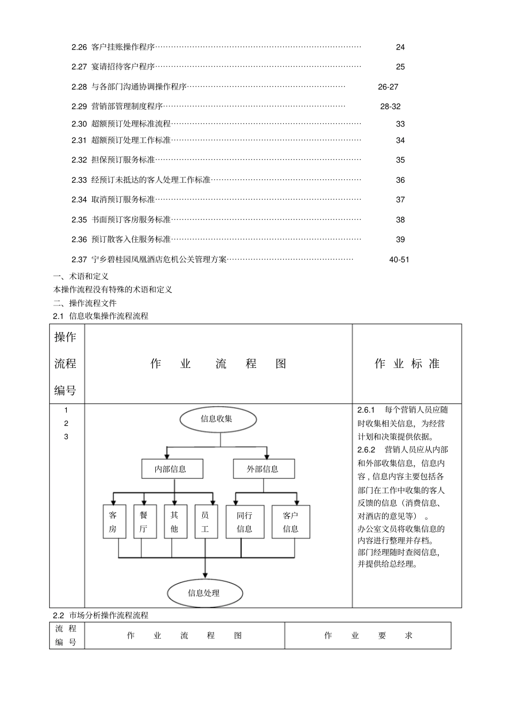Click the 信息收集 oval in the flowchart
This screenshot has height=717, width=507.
pos(217,419)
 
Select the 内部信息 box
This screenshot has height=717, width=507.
pos(171,469)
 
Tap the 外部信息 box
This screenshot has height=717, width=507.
pos(263,469)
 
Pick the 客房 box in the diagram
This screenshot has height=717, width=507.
pos(113,522)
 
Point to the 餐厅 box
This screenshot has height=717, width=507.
pos(144,522)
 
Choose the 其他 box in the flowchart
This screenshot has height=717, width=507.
pos(175,522)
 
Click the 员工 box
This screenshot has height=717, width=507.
pos(205,522)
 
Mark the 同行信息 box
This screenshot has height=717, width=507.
pos(245,522)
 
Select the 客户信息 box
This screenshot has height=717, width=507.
pos(291,522)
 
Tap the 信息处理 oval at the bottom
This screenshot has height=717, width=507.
pos(204,593)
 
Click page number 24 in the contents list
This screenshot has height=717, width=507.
pos(400,47)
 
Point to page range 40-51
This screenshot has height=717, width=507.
pos(399,260)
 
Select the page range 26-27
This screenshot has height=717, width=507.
pos(388,87)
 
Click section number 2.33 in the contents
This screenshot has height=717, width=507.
pos(79,180)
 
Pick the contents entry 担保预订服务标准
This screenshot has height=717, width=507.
pos(123,160)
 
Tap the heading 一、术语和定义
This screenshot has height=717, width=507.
pos(81,276)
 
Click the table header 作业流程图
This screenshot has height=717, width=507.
pos(218,364)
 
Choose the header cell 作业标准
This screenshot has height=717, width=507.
pos(407,364)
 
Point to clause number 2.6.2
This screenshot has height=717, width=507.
pos(367,449)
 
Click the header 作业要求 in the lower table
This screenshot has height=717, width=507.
pos(368,635)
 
